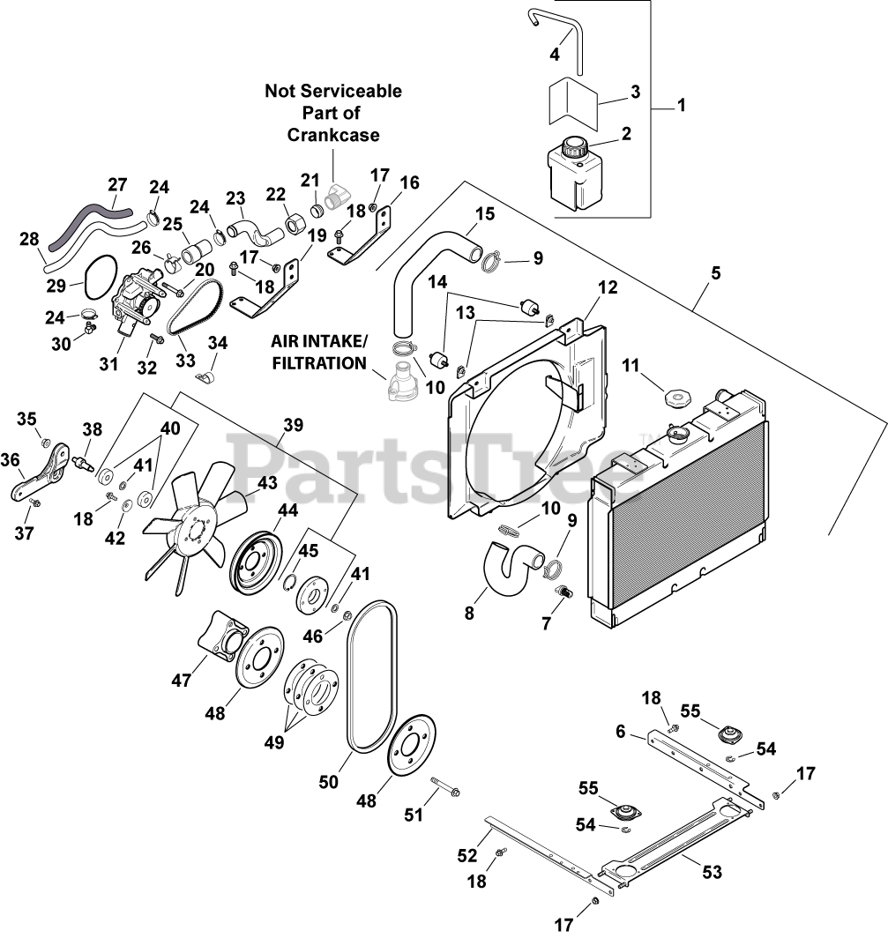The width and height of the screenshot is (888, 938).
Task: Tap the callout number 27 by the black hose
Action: point(117,185)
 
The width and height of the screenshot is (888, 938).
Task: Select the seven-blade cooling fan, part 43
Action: point(194,525)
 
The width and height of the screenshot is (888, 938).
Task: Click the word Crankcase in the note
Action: point(333,135)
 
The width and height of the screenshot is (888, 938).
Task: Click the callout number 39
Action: point(293,425)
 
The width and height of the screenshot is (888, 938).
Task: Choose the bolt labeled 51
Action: point(444,788)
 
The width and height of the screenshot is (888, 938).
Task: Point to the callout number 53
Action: point(712,872)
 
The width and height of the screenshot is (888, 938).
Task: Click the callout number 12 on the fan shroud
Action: point(608,287)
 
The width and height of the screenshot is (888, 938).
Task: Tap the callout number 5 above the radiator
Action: point(715,272)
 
